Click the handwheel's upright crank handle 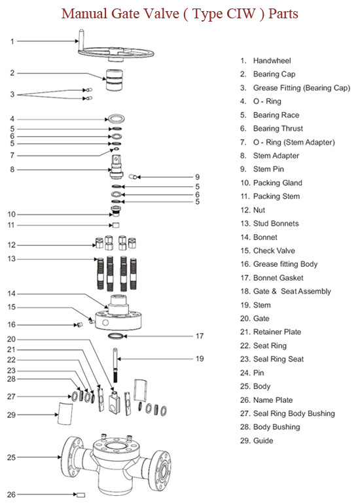pos(81,40)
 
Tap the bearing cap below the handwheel pos(115,79)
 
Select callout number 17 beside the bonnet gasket pos(200,336)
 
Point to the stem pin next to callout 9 pos(133,177)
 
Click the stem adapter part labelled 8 pos(117,167)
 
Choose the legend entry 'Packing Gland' pos(278,183)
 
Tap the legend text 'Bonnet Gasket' pos(278,278)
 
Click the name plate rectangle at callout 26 pos(81,495)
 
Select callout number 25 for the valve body pos(11,457)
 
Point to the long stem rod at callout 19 pos(115,366)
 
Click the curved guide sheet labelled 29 pos(65,414)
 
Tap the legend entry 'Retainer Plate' pos(277,332)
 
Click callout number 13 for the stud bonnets pos(11,258)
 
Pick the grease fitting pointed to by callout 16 pos(80,324)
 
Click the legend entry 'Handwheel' pos(272,61)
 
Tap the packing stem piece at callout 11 pos(116,225)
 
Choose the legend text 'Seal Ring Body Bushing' pos(294,413)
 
